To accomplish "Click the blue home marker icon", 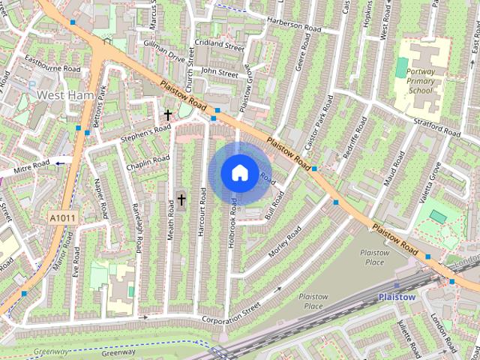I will coord(238,173).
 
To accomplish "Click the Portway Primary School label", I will coord(420,81).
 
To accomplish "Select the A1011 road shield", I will coord(63,217).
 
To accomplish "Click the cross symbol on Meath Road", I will coord(181,199).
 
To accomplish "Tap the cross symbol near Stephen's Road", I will coord(168,115).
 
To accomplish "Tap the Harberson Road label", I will coord(293,28).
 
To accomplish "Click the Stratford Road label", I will coord(435,125).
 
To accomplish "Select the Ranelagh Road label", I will coord(137,228).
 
